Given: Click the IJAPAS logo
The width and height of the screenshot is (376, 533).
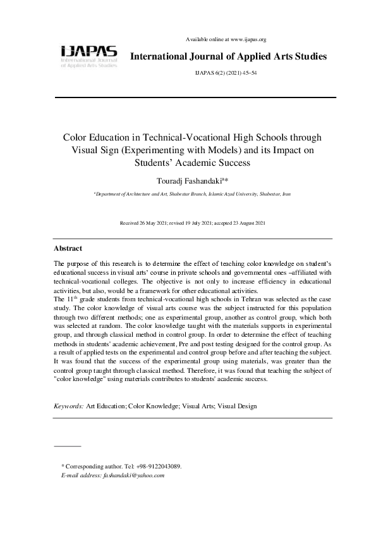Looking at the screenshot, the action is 88,55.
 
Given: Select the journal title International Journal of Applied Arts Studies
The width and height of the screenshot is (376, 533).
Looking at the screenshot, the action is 228,57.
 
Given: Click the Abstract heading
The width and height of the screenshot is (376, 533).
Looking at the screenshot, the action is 68,248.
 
